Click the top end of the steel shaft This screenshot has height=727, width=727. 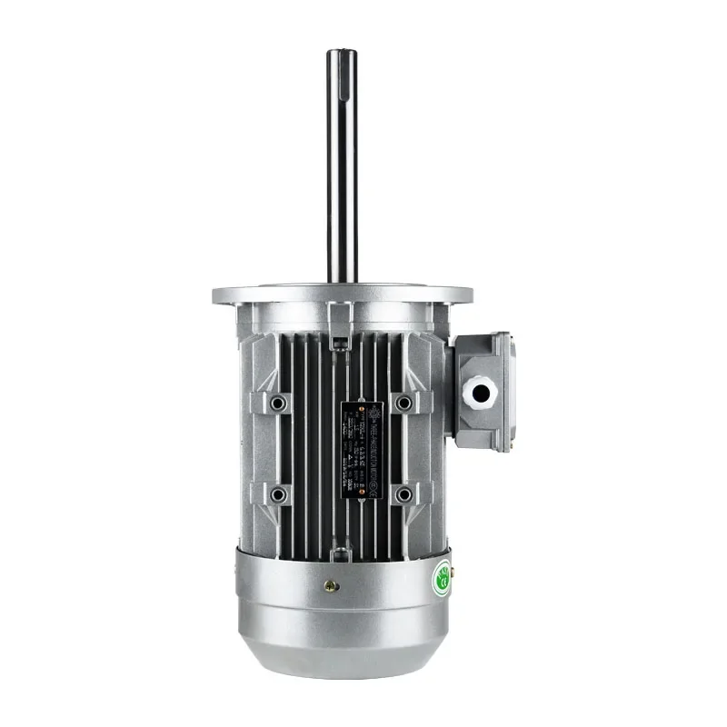342,53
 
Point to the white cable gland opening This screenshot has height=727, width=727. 479,392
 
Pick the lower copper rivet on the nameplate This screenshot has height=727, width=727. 362,491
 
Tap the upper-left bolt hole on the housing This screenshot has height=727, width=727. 278,402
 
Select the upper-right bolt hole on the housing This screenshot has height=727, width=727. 403,402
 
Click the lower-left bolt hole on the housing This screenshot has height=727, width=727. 278,494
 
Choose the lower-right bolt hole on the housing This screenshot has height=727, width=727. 403,494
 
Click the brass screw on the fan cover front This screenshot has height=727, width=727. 332,586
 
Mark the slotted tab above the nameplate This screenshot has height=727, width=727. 339,343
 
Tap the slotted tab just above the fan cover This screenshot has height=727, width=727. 339,550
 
